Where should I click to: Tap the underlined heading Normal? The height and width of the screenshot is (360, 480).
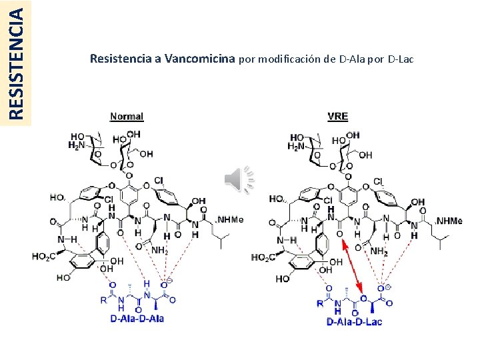(127, 116)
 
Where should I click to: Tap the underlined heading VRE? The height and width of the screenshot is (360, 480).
(338, 116)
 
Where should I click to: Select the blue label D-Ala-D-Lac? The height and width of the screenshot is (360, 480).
(354, 322)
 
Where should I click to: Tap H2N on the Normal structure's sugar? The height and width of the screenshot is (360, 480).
(78, 144)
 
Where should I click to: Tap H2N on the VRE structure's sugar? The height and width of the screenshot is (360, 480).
(297, 146)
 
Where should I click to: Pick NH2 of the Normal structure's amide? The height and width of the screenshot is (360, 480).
(159, 251)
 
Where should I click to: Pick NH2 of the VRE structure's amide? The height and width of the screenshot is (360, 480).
(379, 251)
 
